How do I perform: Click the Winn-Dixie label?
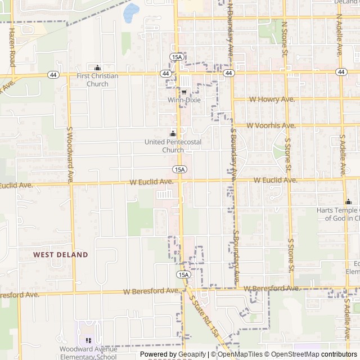tap(184, 100)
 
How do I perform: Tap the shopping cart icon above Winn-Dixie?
tap(184, 92)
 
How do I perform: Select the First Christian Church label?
tap(97, 80)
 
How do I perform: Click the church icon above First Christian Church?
tap(97, 67)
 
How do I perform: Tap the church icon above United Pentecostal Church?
tap(173, 134)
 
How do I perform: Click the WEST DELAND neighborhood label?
tap(61, 255)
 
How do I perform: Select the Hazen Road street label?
tap(12, 48)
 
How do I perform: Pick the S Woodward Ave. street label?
tap(70, 155)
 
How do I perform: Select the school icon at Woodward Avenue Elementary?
tap(88, 340)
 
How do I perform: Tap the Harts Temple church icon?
tap(349, 201)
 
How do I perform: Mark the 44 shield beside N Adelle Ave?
tap(341, 72)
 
